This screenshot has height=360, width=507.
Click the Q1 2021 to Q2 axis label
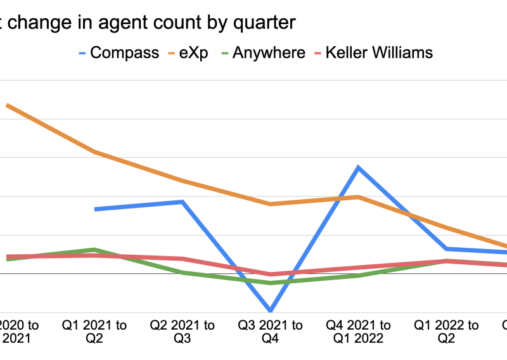coord(94,331)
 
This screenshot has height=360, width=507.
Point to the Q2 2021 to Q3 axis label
coord(183,331)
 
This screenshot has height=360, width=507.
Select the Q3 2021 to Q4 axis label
coord(271,331)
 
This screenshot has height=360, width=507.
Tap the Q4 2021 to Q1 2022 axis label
coord(358,331)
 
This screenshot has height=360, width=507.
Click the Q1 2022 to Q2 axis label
coord(447,331)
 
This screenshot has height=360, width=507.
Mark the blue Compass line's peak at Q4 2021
coord(359,167)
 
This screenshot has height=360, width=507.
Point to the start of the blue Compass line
coord(95,209)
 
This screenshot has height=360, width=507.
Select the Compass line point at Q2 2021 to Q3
coord(183,202)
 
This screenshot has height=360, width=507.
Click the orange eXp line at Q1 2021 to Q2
coord(94,152)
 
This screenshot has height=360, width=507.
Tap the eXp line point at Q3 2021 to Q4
coord(271,204)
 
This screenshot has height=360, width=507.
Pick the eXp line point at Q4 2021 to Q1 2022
coord(359,196)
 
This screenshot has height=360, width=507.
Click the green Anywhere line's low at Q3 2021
coord(271,283)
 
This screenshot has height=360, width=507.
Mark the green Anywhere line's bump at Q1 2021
coord(94,249)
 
